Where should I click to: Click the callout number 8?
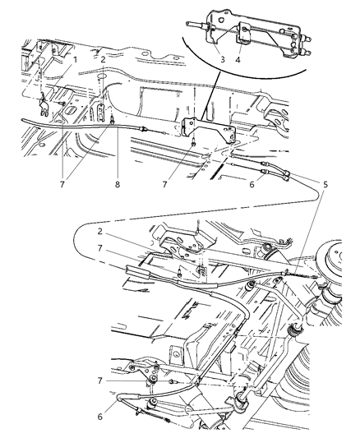(118, 185)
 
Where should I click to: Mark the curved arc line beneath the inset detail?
(247, 78)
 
